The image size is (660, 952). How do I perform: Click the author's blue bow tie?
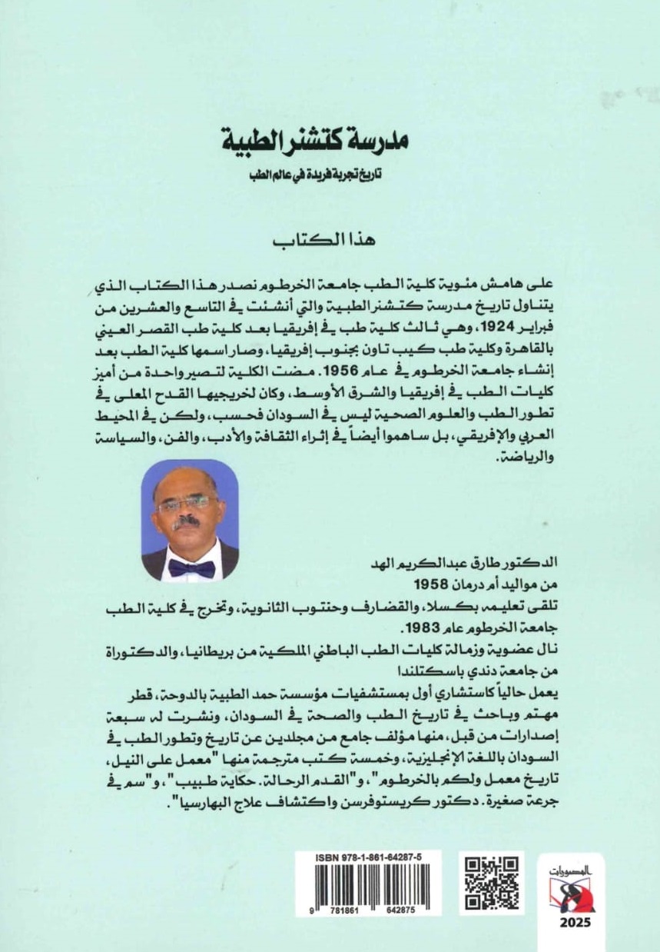tap(191, 568)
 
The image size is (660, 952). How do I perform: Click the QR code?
tap(493, 884)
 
